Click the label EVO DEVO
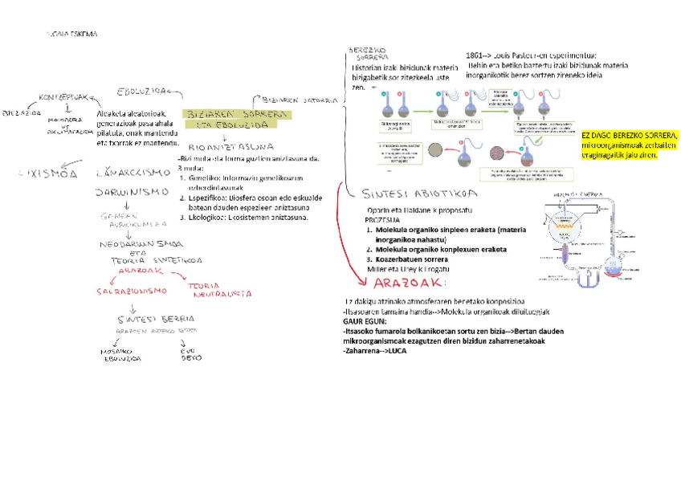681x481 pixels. click(191, 355)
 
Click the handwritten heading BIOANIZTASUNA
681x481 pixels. click(230, 147)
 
